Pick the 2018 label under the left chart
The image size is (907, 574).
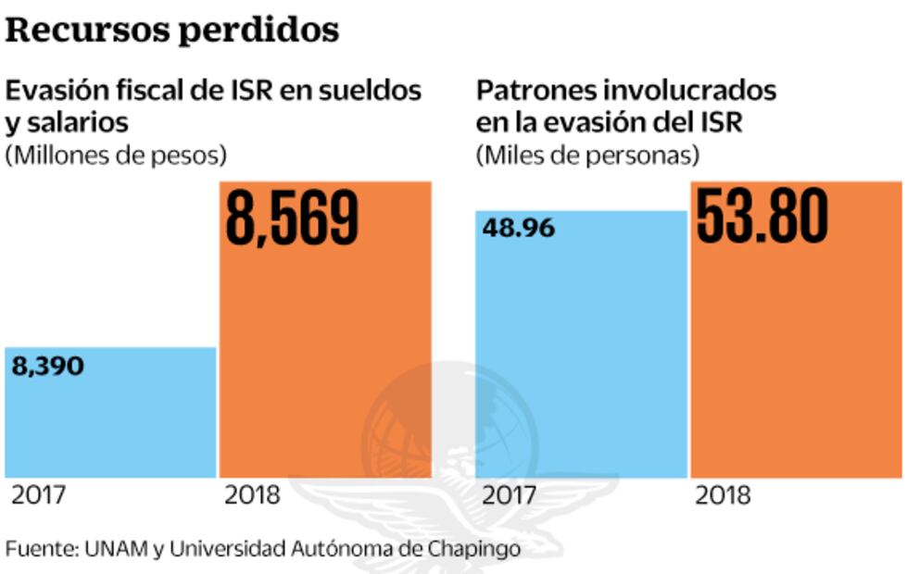252,495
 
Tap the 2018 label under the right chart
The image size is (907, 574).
723,495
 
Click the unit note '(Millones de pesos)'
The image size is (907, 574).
116,156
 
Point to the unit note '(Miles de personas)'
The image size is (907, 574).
587,156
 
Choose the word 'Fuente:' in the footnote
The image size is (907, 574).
40,548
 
